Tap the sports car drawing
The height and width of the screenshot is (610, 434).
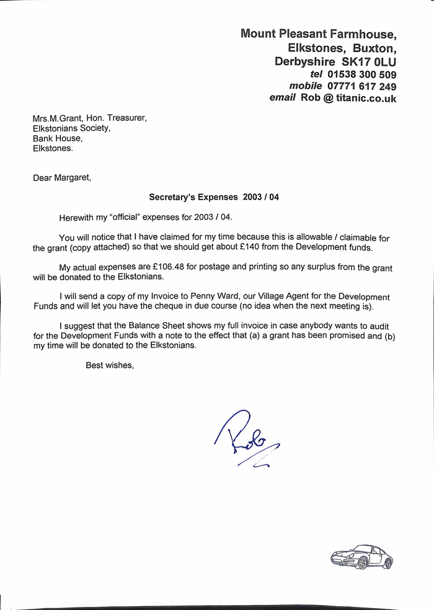pyautogui.click(x=362, y=556)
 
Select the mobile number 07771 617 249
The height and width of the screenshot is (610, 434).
pyautogui.click(x=361, y=86)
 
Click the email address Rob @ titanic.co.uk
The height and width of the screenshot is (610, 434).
pyautogui.click(x=348, y=98)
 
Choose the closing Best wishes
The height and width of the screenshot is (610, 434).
pyautogui.click(x=109, y=365)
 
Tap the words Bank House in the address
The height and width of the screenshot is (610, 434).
pyautogui.click(x=57, y=138)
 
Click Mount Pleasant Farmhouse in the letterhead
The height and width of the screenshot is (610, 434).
pyautogui.click(x=318, y=33)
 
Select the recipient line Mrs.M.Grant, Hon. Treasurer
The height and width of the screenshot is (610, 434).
pyautogui.click(x=90, y=118)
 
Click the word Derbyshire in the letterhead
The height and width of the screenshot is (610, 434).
pyautogui.click(x=305, y=62)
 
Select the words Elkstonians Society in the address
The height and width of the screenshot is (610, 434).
pyautogui.click(x=71, y=128)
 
